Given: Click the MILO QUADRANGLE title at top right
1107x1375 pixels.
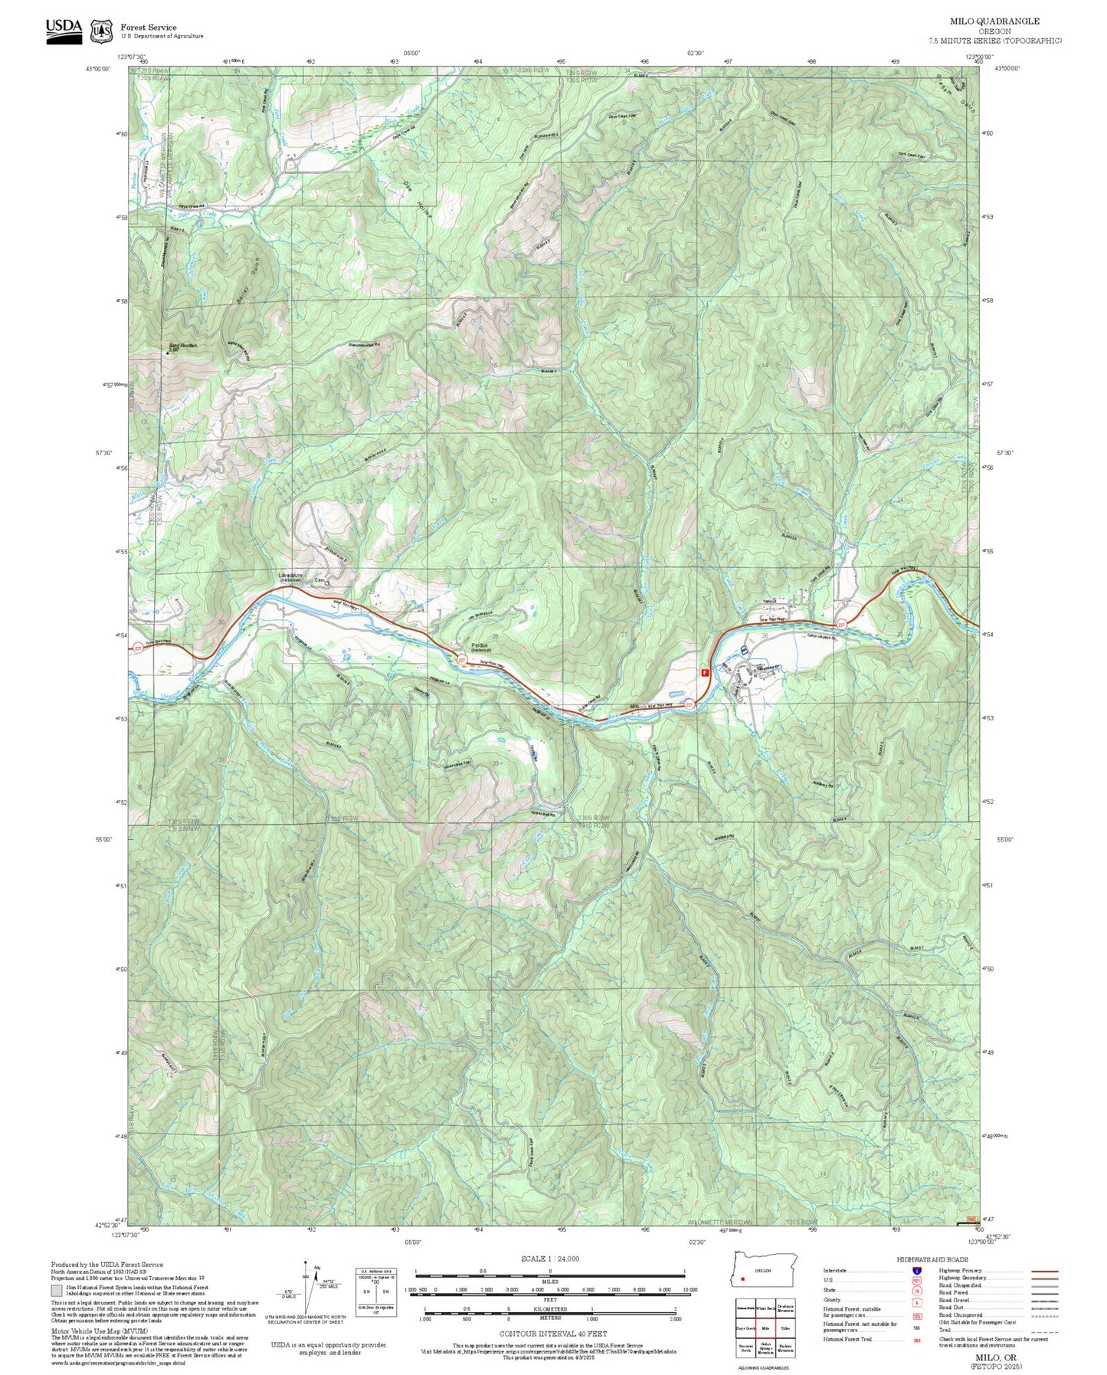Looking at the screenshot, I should [x=994, y=21].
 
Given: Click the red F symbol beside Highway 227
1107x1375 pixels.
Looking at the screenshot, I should [x=704, y=672].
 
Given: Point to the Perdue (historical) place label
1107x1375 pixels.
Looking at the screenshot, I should [x=480, y=646].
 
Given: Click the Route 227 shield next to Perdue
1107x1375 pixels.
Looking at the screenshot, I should [x=462, y=659].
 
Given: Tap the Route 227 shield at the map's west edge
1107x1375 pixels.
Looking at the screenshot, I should [x=138, y=648].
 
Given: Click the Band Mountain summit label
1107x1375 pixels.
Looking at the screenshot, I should [x=183, y=346].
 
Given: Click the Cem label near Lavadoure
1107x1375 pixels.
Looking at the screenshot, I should [x=320, y=581].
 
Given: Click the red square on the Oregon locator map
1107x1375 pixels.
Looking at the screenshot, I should [x=742, y=1278].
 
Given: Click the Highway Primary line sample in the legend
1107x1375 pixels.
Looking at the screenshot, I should [x=1044, y=1271].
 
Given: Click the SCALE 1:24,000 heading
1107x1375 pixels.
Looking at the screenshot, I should [x=550, y=1259].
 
